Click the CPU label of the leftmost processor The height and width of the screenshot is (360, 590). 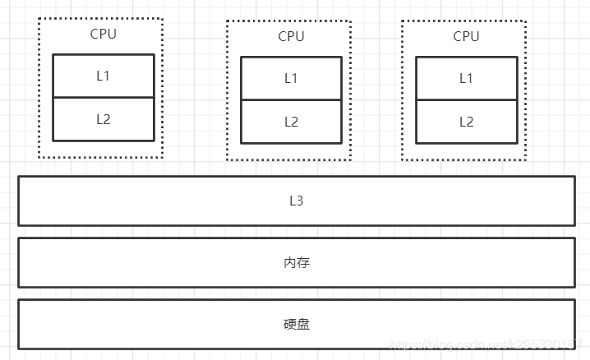coord(104,34)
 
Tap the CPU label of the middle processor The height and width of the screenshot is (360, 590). coord(291,36)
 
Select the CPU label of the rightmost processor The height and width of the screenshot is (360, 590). coord(466,36)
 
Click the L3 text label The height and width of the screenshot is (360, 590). coord(297,200)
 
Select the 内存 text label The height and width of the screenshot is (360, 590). coord(297,262)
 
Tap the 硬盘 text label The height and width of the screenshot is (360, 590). coord(297,324)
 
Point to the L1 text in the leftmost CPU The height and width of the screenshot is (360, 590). coord(104,76)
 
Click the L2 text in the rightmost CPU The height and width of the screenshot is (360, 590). coord(466,122)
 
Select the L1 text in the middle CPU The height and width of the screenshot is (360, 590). coord(291,78)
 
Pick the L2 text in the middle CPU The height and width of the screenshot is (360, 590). coord(291,122)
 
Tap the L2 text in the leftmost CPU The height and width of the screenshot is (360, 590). coord(104,119)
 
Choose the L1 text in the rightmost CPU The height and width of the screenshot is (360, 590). coord(466,78)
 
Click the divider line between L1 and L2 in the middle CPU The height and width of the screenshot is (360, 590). coord(291,99)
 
